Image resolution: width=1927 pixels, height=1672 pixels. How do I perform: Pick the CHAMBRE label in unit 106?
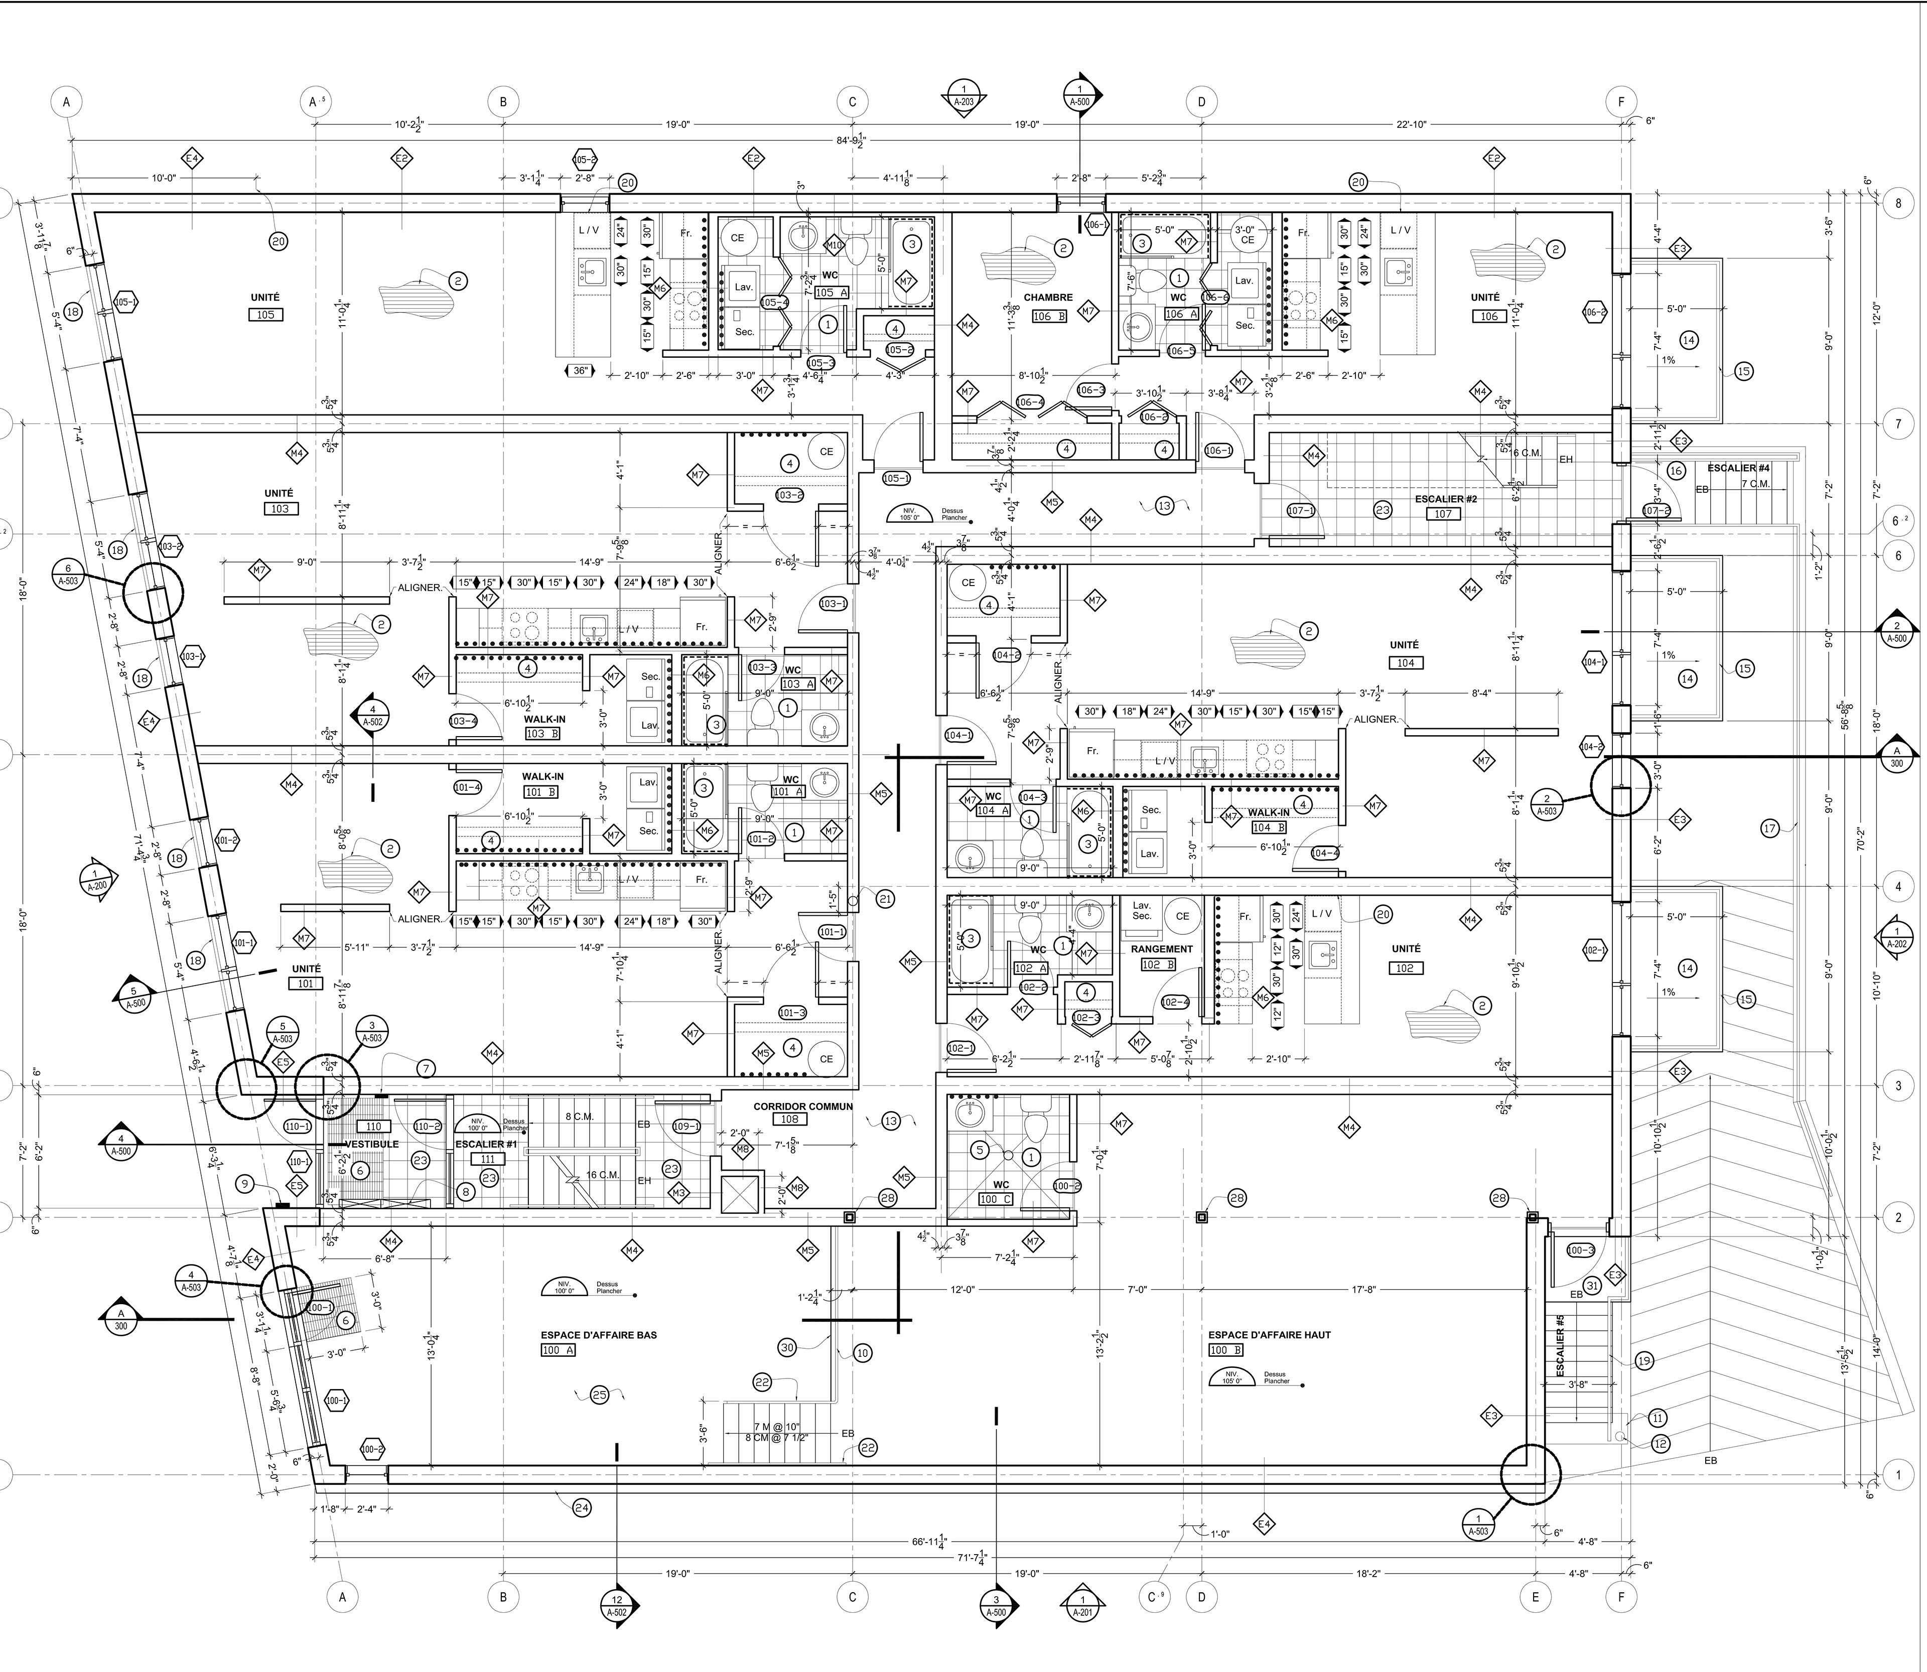click(x=1048, y=298)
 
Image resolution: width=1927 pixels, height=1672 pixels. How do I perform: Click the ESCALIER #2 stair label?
click(x=1445, y=499)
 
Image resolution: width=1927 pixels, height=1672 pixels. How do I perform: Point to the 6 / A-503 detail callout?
click(x=67, y=572)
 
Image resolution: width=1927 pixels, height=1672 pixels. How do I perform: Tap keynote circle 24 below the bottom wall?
click(x=582, y=1507)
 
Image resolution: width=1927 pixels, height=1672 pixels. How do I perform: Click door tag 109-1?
click(x=686, y=1126)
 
